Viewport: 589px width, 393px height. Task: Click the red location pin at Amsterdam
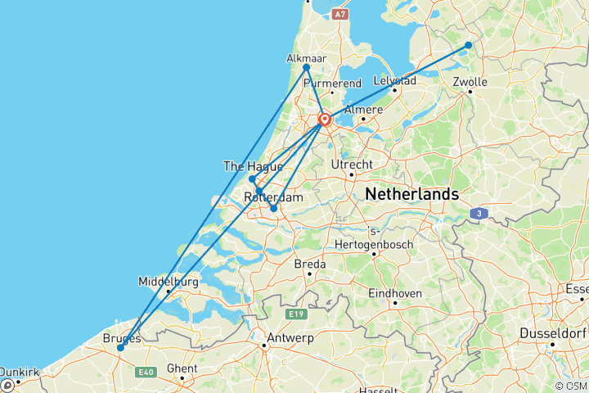(325, 120)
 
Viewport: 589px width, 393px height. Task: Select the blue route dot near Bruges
(120, 348)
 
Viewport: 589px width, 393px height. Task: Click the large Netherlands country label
(411, 195)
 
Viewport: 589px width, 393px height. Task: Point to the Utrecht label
(352, 165)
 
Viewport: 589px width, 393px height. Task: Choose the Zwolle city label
(470, 82)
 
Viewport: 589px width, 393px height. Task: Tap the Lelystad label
(395, 81)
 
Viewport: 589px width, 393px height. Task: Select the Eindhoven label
(395, 292)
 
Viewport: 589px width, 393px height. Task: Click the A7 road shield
(340, 14)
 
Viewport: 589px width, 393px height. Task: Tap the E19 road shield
(295, 313)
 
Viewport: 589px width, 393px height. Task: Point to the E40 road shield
(146, 373)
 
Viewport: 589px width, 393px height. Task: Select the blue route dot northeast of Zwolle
(468, 45)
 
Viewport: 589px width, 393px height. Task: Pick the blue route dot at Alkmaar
(306, 68)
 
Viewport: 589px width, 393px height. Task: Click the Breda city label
(309, 264)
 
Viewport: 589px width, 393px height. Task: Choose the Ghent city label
(182, 368)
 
